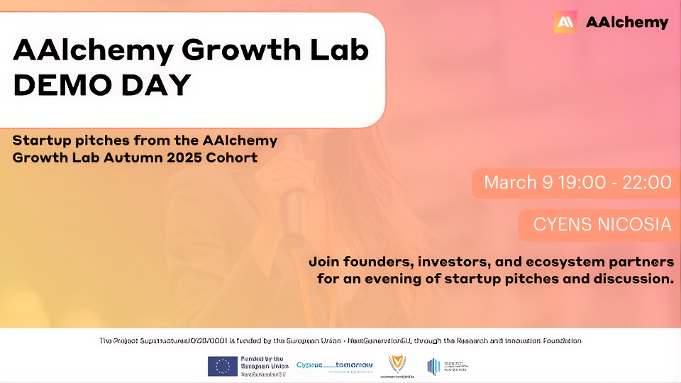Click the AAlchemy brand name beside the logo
pos(627,22)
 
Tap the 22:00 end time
pos(646,182)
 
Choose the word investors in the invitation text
pos(456,262)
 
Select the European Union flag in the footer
pos(222,366)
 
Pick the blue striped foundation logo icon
pos(433,366)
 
